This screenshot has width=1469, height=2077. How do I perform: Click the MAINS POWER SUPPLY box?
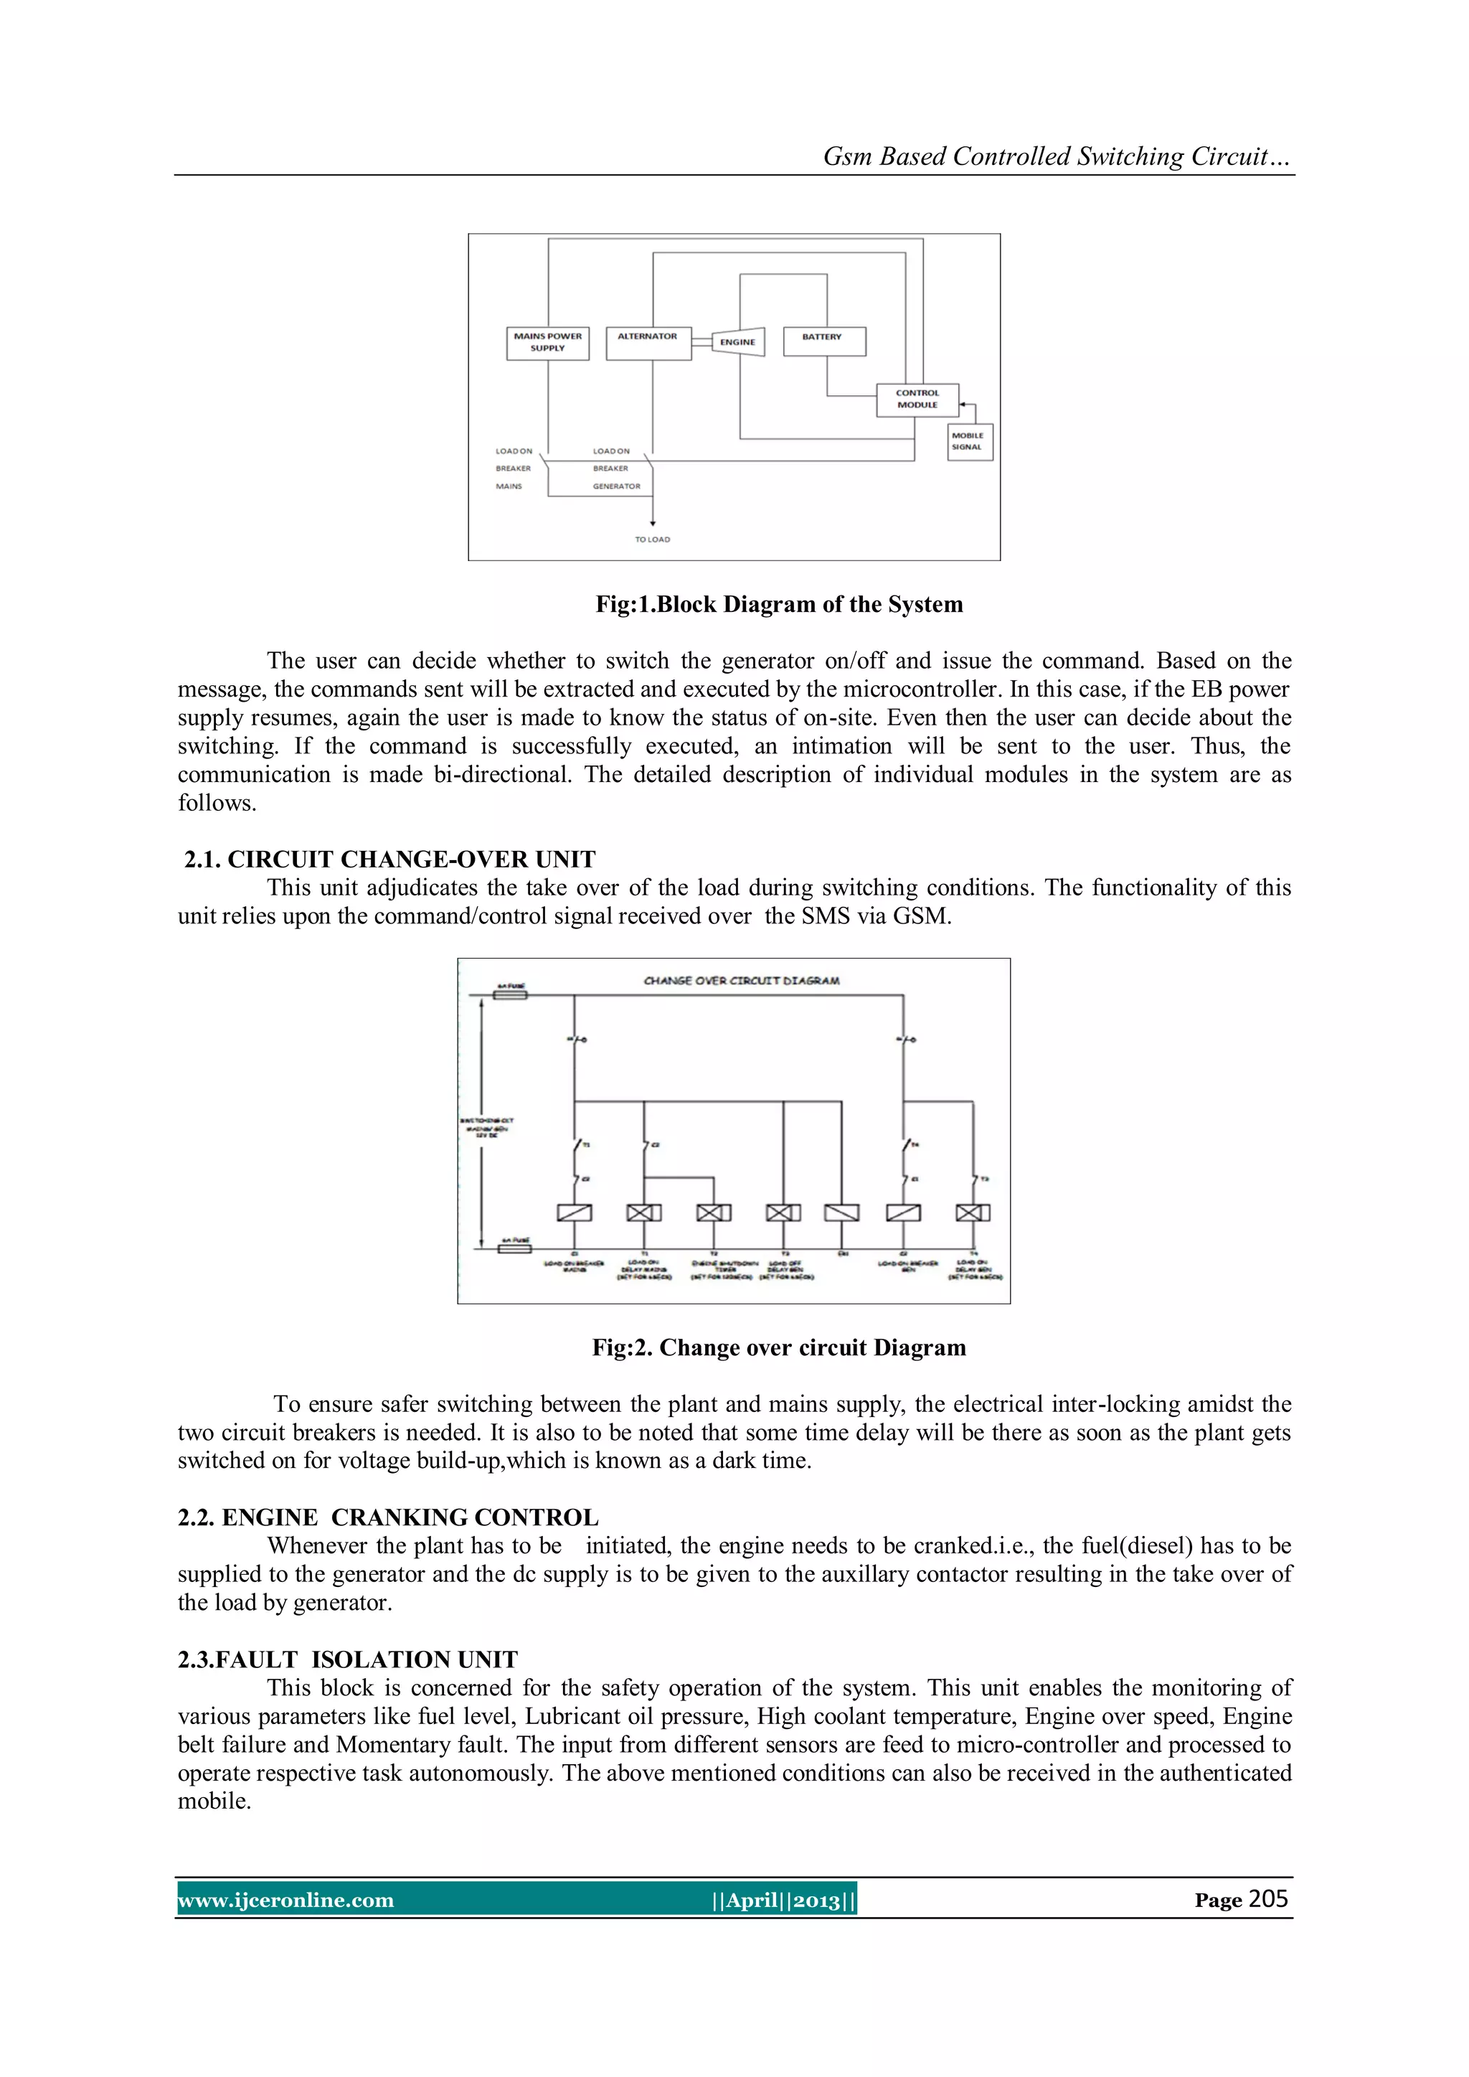[547, 343]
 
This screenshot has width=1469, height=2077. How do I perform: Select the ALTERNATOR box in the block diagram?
[648, 343]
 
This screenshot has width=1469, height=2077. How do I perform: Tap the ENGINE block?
[738, 342]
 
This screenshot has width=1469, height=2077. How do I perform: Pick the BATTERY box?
[823, 341]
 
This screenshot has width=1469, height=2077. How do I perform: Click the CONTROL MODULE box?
[917, 399]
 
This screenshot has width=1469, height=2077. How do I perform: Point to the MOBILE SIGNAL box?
[969, 441]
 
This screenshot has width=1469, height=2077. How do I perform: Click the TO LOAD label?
[652, 539]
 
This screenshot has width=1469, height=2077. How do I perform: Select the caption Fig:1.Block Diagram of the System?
[779, 604]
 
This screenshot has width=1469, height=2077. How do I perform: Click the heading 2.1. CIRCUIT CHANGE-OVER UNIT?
[390, 859]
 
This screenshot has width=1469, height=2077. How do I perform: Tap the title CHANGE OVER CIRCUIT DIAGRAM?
[741, 981]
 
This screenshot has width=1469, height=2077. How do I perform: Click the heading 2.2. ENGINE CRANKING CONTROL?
[388, 1517]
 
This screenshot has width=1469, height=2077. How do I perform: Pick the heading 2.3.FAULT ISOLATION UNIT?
[347, 1659]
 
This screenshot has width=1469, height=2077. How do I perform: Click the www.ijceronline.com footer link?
[286, 1901]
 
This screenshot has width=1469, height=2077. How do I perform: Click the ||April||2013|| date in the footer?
[783, 1901]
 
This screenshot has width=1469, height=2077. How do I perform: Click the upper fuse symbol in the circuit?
[509, 995]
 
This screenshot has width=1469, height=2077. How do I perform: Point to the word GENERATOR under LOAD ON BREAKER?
[616, 486]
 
